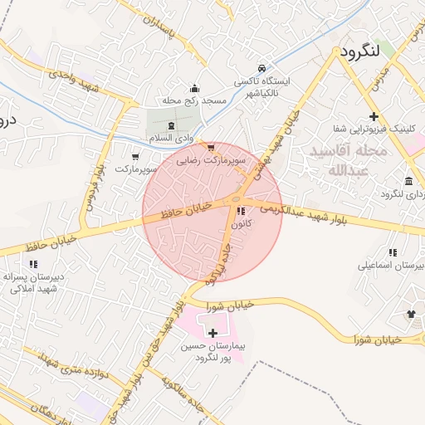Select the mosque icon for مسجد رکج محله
point(194,89)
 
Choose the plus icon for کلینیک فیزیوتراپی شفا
point(374,116)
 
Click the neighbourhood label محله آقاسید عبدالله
point(347,161)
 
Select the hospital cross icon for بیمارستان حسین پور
point(213,333)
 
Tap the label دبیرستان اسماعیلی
point(391,266)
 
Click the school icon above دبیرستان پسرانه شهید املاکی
point(33,264)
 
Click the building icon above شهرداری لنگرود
point(409,181)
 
